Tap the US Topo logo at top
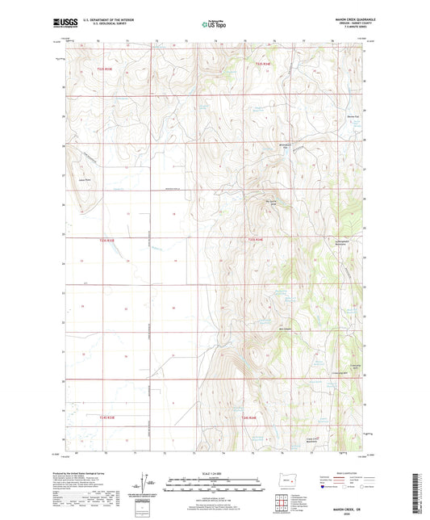click(x=214, y=25)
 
